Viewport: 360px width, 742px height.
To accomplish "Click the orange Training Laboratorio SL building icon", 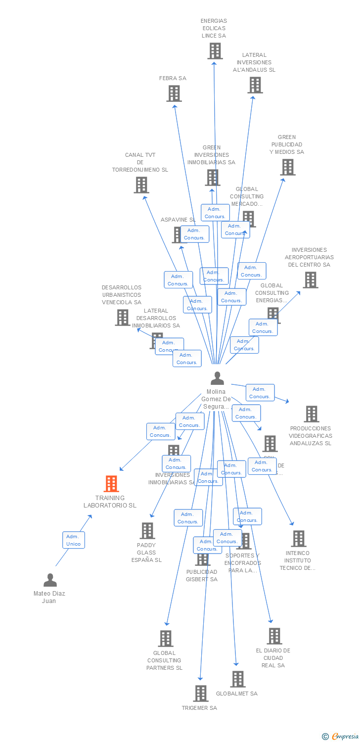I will click(x=111, y=483).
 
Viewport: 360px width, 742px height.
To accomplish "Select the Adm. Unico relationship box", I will click(x=73, y=540).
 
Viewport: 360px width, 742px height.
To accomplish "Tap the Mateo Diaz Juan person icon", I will click(x=50, y=580).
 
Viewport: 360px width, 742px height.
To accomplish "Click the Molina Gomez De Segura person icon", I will click(x=217, y=378).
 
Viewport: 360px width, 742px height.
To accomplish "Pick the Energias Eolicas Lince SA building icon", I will click(x=215, y=51).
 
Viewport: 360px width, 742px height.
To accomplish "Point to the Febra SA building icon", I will click(x=174, y=93).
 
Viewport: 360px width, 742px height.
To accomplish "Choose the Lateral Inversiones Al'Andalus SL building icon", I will click(x=255, y=85).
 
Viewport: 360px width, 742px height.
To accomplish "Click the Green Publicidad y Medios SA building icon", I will click(x=287, y=167).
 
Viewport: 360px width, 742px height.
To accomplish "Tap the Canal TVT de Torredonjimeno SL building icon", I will click(x=141, y=185).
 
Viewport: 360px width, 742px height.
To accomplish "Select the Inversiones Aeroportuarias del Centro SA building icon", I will click(x=310, y=280).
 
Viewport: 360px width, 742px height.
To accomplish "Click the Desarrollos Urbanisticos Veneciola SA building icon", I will click(x=122, y=317).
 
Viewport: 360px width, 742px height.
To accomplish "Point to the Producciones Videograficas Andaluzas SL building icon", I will click(x=311, y=414).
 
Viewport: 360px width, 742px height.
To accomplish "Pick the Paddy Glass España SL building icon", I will click(x=147, y=531).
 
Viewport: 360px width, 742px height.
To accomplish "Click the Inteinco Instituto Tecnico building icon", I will click(x=298, y=539).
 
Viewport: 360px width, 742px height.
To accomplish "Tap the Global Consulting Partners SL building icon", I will click(x=166, y=639).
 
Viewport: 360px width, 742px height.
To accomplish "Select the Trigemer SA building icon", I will click(x=200, y=694).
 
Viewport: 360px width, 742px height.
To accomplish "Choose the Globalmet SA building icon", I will click(x=237, y=679).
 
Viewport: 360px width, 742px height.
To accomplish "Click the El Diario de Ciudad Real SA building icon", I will click(x=274, y=636).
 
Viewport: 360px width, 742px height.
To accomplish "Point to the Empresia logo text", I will click(x=345, y=737).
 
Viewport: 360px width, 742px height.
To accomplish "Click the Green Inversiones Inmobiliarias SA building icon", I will click(x=212, y=177).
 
